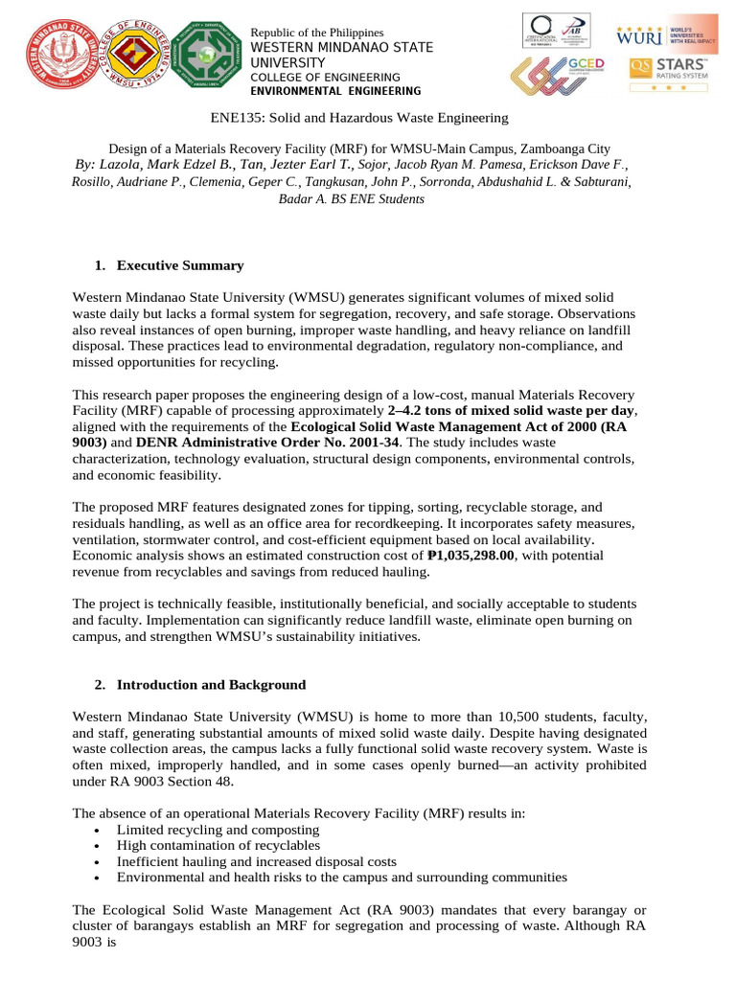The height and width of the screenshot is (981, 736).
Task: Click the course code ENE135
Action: [236, 118]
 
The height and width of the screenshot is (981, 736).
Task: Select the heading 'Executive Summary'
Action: [179, 265]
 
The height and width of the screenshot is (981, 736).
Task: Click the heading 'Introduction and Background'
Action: [211, 685]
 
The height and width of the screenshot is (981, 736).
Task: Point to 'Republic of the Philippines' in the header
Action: [316, 34]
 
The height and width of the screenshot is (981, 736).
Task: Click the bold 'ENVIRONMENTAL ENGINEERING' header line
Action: [334, 91]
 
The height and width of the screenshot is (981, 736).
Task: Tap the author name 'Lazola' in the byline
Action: [116, 165]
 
